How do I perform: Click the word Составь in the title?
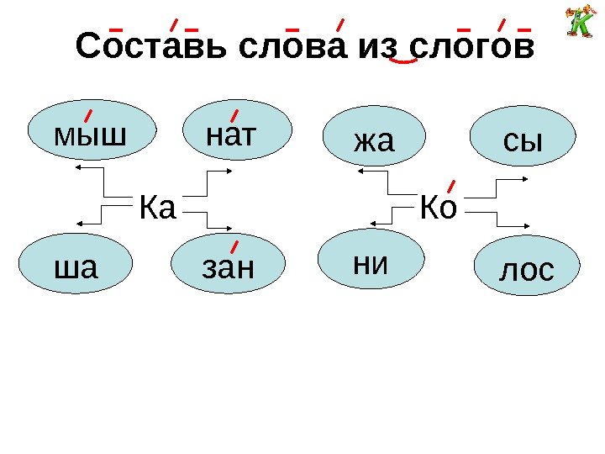click(152, 48)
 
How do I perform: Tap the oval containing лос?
click(527, 270)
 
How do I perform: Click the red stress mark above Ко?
click(450, 186)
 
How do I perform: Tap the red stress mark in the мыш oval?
click(88, 113)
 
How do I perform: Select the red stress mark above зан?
click(234, 247)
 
